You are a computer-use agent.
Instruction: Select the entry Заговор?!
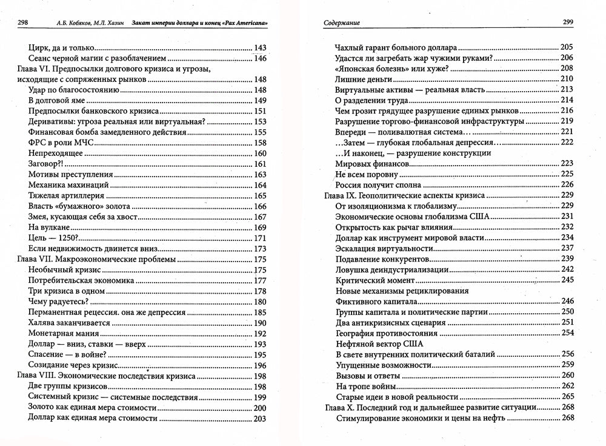(x=46, y=164)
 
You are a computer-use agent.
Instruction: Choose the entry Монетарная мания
(x=63, y=333)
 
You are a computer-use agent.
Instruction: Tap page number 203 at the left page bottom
(x=260, y=418)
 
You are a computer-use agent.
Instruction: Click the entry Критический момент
(x=374, y=280)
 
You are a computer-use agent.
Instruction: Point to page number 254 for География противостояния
(x=567, y=333)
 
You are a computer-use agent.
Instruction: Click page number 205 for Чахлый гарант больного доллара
(x=567, y=47)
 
